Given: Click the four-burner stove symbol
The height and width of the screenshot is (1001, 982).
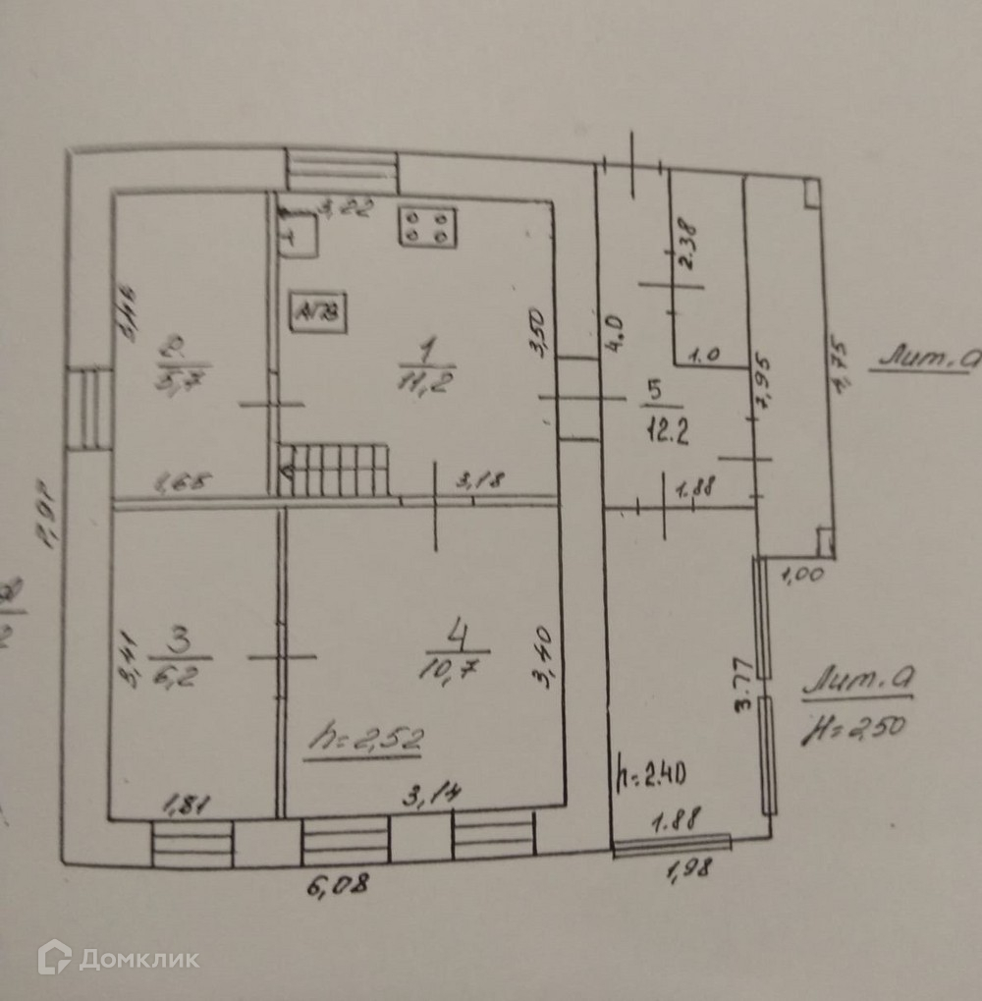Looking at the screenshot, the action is (427, 226).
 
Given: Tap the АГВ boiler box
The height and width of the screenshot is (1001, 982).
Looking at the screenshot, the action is (315, 313).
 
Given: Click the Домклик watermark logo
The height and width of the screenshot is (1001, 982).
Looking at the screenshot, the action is (118, 958).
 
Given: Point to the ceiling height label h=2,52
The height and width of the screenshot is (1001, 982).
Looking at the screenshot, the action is (362, 739).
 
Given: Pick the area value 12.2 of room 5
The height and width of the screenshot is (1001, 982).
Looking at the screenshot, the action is (663, 424).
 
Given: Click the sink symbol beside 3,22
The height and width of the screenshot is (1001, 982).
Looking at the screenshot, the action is (298, 236).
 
